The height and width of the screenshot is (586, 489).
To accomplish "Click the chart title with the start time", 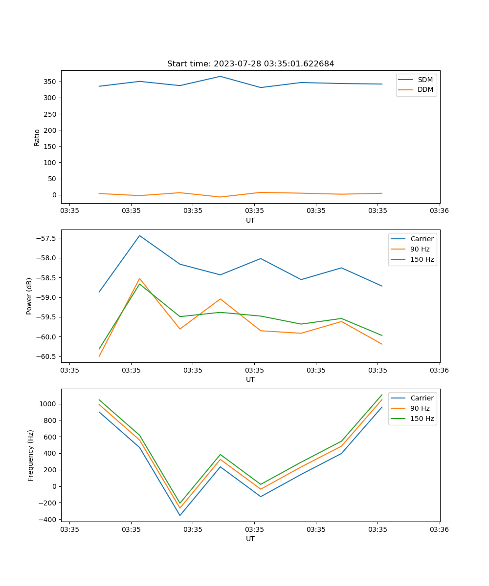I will click(x=250, y=64).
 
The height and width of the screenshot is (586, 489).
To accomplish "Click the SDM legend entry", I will click(x=424, y=80).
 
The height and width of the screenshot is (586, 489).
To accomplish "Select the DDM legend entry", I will click(x=425, y=90).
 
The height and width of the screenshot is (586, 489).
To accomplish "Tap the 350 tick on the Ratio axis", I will click(x=50, y=82).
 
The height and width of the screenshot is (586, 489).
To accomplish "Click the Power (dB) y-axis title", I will click(x=29, y=296).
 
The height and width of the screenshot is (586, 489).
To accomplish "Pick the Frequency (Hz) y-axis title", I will click(x=30, y=455).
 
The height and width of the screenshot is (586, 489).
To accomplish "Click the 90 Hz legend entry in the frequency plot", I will click(x=421, y=408).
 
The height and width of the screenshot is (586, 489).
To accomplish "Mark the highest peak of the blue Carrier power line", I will click(x=139, y=235).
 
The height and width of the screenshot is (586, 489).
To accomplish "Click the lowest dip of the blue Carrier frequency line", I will click(x=180, y=515).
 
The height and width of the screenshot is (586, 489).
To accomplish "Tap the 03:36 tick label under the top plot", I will click(x=439, y=211).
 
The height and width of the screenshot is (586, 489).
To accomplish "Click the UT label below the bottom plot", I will click(x=250, y=539).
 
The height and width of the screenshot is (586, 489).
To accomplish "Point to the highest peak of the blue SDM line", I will click(x=220, y=76).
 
